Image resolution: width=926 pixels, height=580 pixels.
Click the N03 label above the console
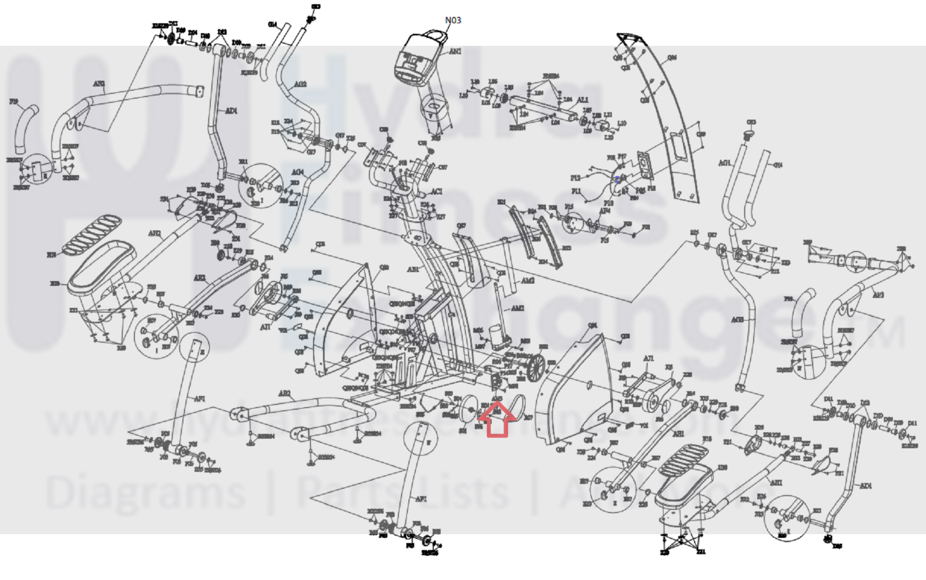[x=453, y=20]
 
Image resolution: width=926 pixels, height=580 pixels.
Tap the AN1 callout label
[x=455, y=52]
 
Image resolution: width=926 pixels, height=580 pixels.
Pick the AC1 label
[x=437, y=192]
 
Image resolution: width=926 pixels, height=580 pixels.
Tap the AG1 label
[x=724, y=163]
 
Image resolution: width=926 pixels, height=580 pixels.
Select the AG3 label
[x=737, y=320]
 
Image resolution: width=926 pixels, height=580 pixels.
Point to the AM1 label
[x=518, y=308]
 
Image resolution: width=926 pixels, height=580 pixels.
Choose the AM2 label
[x=528, y=281]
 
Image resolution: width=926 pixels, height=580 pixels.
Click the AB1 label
[x=413, y=270]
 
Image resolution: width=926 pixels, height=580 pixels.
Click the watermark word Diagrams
[x=146, y=492]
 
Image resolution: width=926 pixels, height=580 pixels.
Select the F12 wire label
[x=575, y=178]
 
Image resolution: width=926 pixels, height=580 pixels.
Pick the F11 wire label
[x=576, y=191]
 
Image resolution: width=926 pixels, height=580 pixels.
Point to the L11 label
[x=608, y=115]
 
